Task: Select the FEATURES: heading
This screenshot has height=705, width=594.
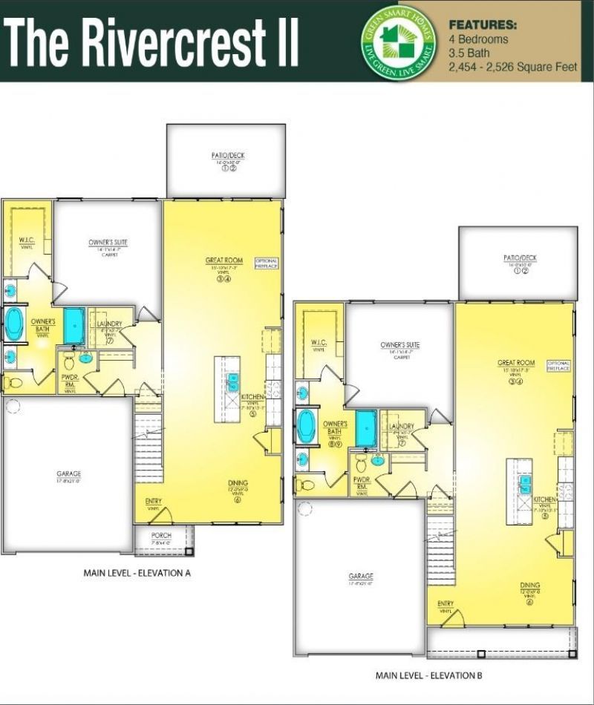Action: [483, 24]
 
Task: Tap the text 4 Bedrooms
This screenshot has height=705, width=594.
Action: [479, 39]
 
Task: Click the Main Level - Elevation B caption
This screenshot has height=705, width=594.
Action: [429, 675]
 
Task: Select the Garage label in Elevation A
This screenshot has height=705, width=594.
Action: [68, 474]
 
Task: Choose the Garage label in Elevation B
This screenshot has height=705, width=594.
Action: [361, 576]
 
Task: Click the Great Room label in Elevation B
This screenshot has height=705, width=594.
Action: [516, 364]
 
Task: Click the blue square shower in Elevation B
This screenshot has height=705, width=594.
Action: [366, 428]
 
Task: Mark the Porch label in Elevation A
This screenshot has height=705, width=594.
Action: [161, 535]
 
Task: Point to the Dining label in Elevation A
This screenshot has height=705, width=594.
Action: [238, 483]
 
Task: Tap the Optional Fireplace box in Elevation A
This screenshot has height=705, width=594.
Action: [266, 263]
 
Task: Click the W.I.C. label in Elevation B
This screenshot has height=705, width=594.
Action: [319, 342]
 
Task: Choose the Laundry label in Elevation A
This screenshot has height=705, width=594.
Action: [109, 324]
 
